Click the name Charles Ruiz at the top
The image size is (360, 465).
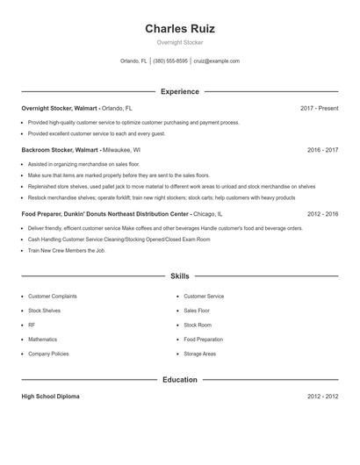(179, 28)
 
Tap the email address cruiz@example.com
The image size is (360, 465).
(216, 61)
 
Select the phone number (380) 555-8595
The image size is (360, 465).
(170, 61)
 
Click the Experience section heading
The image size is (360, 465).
(179, 91)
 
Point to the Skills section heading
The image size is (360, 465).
(179, 275)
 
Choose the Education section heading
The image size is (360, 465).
(179, 380)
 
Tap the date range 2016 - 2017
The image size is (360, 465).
(322, 150)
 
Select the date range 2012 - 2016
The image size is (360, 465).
(322, 213)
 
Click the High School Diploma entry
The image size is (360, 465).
(50, 397)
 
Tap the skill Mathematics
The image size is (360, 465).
(42, 339)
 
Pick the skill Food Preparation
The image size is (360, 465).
(204, 339)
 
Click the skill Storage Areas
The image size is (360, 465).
(199, 354)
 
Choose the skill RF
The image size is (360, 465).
(32, 325)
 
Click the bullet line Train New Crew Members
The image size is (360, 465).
(66, 250)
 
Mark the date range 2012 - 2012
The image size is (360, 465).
(322, 397)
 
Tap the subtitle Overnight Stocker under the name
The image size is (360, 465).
(179, 42)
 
